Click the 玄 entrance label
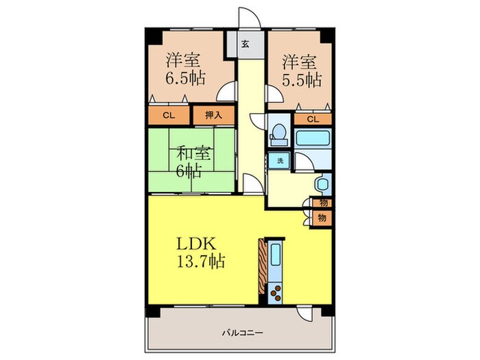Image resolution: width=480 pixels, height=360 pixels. pos(245,45)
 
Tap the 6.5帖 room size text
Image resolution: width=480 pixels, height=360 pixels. pos(185,79)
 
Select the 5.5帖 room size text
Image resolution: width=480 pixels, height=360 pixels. pos(302,80)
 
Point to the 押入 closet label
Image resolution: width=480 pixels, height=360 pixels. pos(213,115)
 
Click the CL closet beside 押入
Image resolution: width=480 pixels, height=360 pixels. pos(169,115)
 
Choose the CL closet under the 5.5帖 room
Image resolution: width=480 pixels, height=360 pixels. pos(313,119)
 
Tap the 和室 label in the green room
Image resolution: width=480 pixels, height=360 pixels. pos(194,154)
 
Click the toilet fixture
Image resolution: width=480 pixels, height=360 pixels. pos(278,134)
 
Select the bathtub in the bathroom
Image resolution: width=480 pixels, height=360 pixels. pos(313,138)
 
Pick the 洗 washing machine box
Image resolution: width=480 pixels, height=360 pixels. pos(279,160)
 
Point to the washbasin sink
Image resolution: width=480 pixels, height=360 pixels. pos(323,184)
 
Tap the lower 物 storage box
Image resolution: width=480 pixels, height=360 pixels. pos(322,218)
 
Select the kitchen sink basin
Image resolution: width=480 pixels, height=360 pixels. pos(276,254)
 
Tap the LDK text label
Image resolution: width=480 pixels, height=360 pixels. pos(196,244)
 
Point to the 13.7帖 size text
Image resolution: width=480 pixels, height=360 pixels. pos(201,262)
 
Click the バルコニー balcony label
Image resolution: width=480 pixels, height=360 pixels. pos(243,333)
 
